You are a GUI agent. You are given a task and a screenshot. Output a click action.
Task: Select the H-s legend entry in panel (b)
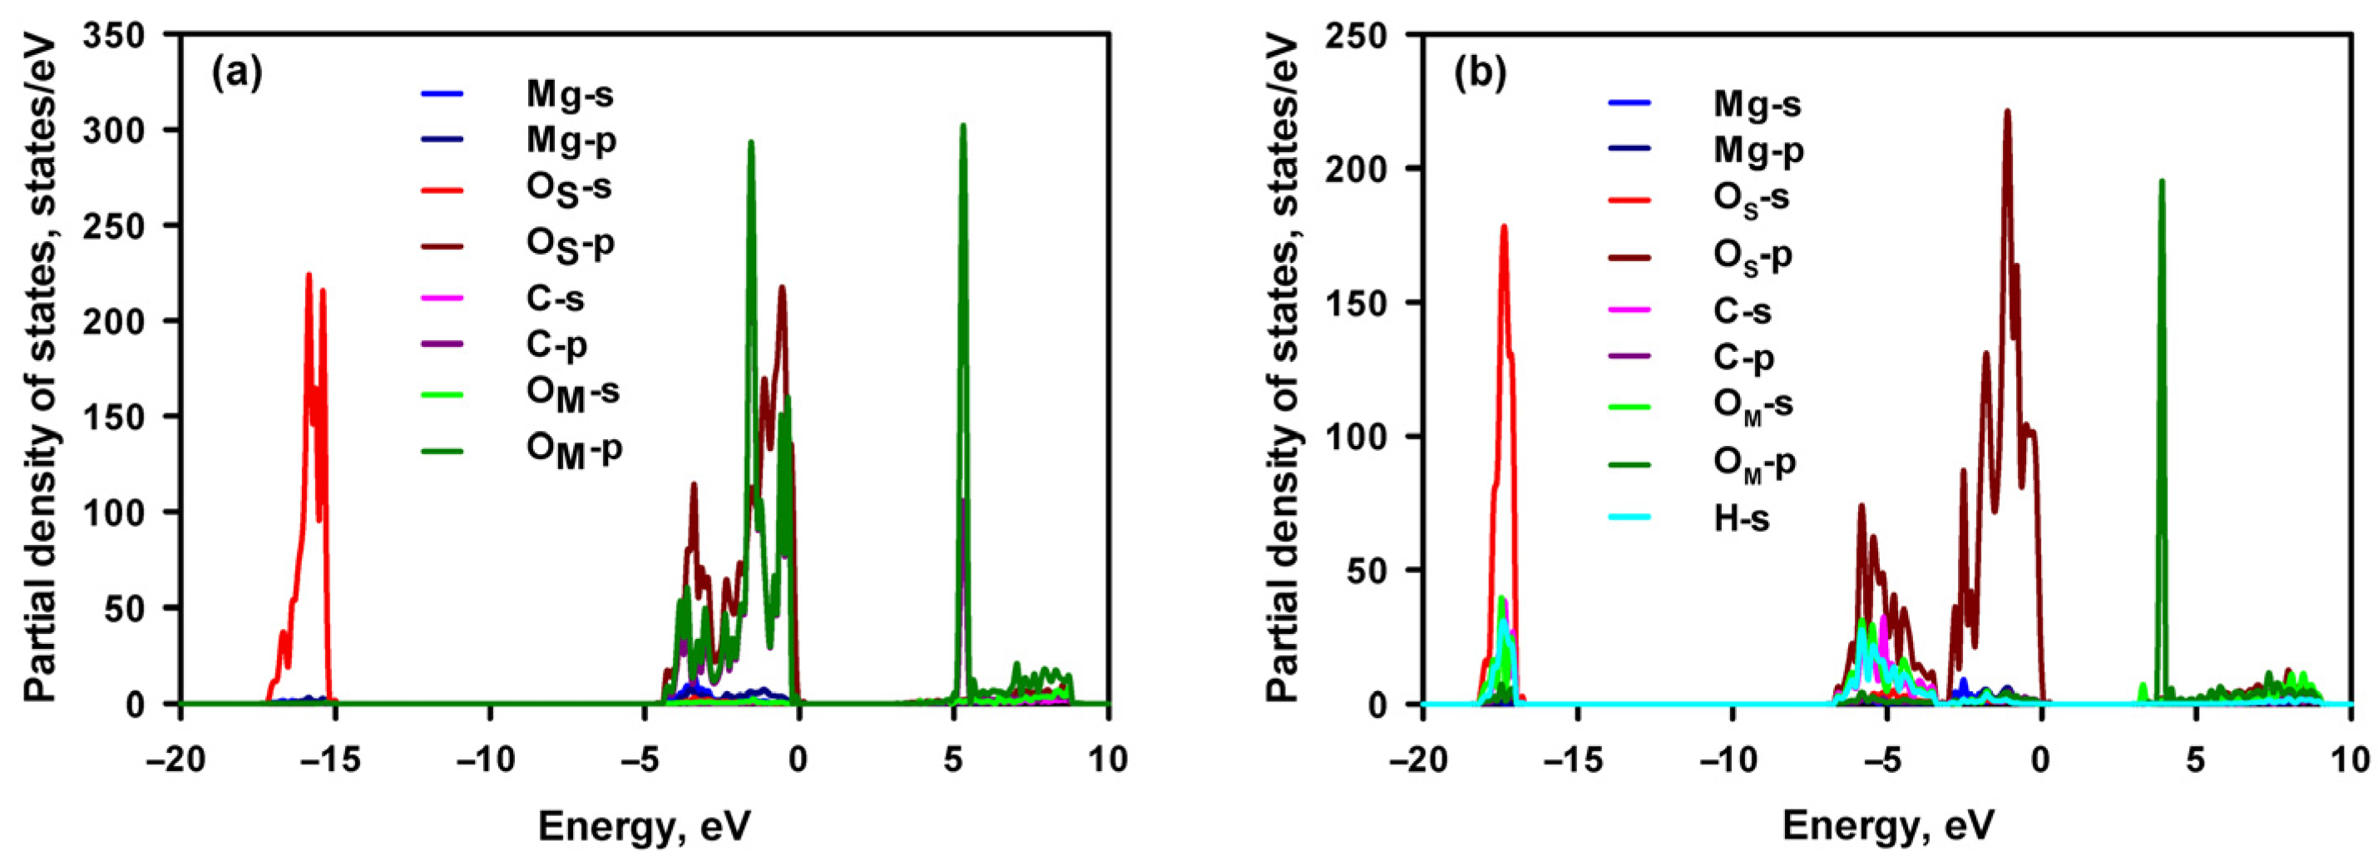[x=1741, y=518]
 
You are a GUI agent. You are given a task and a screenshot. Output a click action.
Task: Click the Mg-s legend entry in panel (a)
[x=570, y=93]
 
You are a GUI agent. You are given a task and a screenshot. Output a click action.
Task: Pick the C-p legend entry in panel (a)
[x=556, y=344]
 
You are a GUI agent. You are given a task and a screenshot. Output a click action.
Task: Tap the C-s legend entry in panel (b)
[x=1743, y=310]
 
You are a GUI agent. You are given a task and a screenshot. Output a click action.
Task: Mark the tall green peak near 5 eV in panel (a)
[x=963, y=126]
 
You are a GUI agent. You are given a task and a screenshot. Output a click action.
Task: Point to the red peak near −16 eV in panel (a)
[x=309, y=275]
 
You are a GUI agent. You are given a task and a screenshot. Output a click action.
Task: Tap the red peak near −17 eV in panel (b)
[x=1503, y=227]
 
